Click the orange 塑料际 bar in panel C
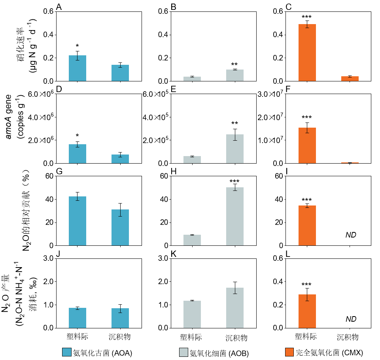pyautogui.click(x=307, y=53)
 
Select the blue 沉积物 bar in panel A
pyautogui.click(x=120, y=73)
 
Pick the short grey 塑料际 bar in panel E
pyautogui.click(x=192, y=160)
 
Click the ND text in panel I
pyautogui.click(x=351, y=235)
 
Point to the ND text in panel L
pyautogui.click(x=351, y=319)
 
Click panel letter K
pyautogui.click(x=173, y=254)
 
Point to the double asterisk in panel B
pyautogui.click(x=234, y=65)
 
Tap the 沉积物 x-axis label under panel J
pyautogui.click(x=120, y=337)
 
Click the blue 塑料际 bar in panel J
pyautogui.click(x=78, y=318)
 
